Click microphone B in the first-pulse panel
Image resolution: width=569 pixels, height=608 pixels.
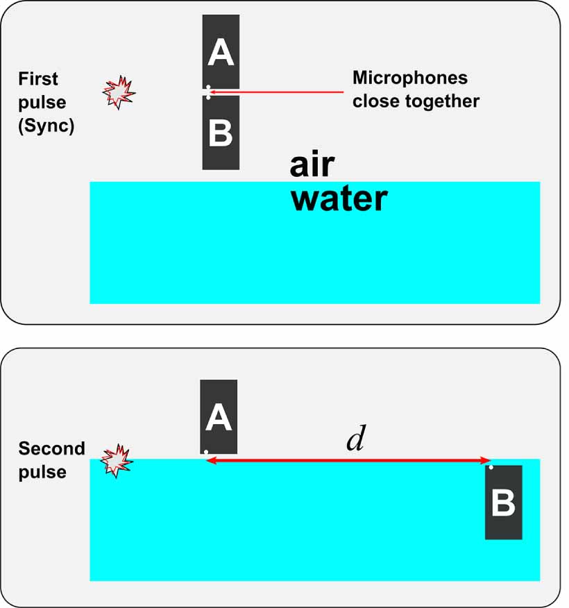click(221, 133)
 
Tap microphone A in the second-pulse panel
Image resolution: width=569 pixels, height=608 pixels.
click(219, 416)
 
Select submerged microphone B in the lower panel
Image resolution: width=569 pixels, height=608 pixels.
click(503, 503)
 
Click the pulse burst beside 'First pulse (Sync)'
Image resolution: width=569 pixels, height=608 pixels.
click(118, 92)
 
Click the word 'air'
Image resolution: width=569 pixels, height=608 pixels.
click(312, 165)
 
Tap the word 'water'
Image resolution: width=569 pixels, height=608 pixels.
click(339, 199)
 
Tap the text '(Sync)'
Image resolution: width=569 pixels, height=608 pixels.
click(46, 126)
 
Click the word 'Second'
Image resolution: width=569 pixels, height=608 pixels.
click(51, 448)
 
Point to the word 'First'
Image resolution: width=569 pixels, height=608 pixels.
click(38, 78)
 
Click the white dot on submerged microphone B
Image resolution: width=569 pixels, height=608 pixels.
click(491, 467)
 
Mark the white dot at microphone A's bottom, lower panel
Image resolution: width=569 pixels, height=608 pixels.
click(206, 452)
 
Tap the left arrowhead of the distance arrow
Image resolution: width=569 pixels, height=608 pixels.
click(210, 459)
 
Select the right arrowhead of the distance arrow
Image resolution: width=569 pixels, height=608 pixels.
click(487, 459)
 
